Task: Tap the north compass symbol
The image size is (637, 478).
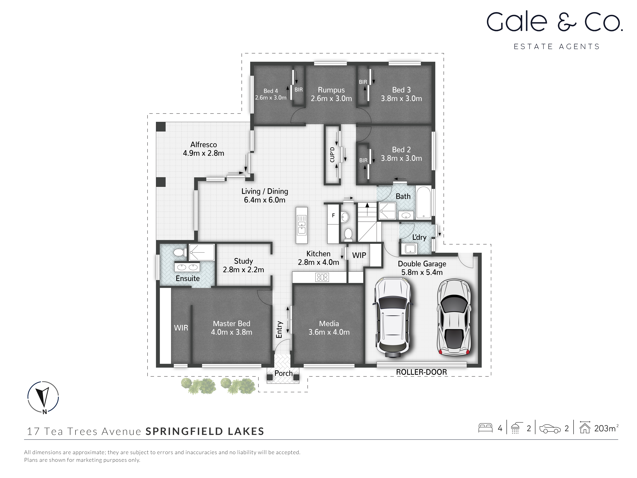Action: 43,397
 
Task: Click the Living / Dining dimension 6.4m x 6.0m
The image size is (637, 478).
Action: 264,200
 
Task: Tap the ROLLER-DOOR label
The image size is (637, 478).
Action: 421,372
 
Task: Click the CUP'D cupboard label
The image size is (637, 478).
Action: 332,155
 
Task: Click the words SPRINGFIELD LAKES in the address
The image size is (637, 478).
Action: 205,431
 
